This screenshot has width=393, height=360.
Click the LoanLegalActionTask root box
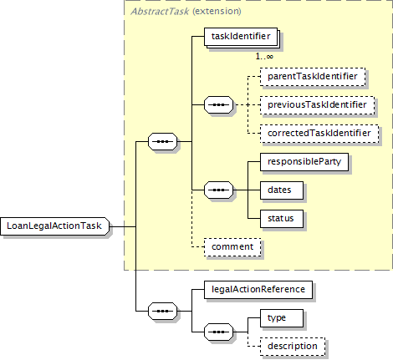[55, 226]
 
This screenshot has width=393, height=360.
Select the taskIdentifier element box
[241, 37]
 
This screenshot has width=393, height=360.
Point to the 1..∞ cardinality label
[264, 57]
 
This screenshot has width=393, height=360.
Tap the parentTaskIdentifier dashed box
[313, 77]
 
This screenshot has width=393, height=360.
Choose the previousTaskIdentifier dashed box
[317, 105]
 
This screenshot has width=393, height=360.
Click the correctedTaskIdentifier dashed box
[319, 134]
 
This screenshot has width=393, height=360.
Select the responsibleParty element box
[304, 162]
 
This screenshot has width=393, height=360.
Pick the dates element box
[282, 190]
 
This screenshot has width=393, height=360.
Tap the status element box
[282, 219]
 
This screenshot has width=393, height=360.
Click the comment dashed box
[232, 247]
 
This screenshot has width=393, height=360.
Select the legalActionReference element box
[258, 290]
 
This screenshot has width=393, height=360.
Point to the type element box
[282, 318]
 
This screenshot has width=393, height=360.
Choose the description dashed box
[293, 347]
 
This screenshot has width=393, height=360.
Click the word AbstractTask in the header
[160, 12]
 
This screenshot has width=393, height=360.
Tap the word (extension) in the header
[217, 12]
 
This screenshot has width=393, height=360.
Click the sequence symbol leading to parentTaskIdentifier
[219, 105]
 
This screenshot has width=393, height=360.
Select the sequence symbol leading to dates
[219, 190]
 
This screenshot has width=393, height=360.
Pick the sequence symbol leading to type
[219, 332]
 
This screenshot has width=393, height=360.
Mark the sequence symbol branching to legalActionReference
[163, 311]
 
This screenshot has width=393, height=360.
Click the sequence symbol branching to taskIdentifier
[163, 142]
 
